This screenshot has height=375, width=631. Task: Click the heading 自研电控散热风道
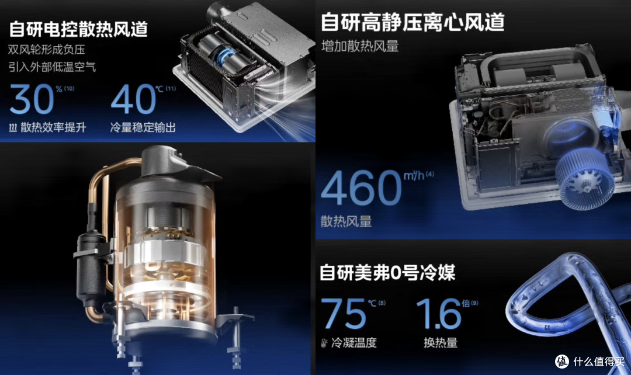78,29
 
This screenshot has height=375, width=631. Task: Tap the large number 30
32,99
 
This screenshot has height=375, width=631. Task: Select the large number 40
133,99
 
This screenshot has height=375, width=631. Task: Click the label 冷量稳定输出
143,127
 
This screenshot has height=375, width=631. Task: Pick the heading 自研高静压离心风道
412,22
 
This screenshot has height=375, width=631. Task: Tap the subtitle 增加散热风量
360,46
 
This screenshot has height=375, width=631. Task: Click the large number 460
361,187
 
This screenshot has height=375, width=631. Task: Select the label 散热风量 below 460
346,221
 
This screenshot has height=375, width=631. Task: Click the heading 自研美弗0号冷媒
387,273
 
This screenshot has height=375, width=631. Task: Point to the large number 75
344,314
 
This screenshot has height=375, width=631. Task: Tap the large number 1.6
439,314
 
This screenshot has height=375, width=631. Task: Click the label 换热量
441,343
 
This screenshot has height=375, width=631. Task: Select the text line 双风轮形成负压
47,50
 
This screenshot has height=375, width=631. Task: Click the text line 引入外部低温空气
53,67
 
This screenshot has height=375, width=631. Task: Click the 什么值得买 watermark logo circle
562,362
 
